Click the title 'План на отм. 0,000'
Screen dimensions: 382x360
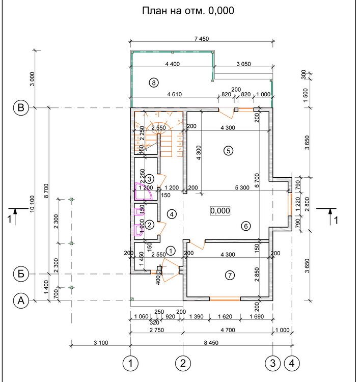[x=187, y=11]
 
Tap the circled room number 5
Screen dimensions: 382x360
[x=228, y=150]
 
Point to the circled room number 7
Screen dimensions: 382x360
[x=230, y=276]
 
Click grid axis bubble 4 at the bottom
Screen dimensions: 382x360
[x=291, y=363]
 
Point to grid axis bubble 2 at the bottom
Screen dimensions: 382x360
[x=183, y=363]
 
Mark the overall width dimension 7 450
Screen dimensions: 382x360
[x=202, y=39]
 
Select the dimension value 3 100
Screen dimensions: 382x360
[x=100, y=343]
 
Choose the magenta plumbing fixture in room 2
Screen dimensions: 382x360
[x=139, y=229]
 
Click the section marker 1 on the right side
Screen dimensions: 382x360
[x=330, y=216]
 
